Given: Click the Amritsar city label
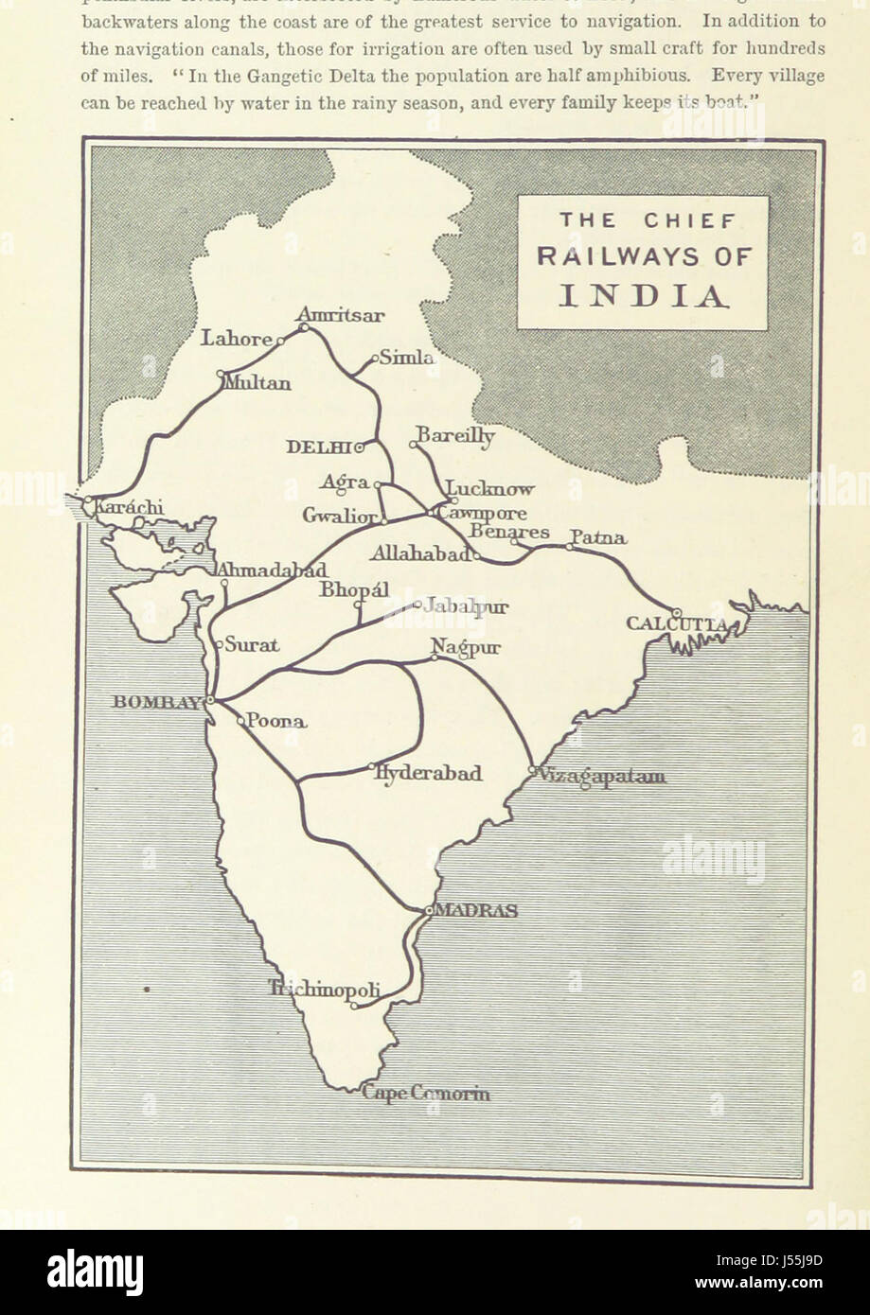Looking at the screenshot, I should click(x=341, y=314).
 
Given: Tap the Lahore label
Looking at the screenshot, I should click(x=236, y=339).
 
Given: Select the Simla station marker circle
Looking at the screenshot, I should click(x=375, y=359).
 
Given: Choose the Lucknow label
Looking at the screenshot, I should click(x=489, y=489).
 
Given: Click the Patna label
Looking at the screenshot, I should click(x=597, y=538).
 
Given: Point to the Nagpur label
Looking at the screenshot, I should click(x=466, y=647).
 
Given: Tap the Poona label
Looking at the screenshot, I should click(x=276, y=721).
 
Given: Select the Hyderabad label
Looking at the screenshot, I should click(x=429, y=773).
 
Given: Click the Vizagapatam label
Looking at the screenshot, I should click(x=601, y=777).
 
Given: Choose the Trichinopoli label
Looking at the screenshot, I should click(x=325, y=990).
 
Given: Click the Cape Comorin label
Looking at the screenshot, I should click(x=427, y=1095).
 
